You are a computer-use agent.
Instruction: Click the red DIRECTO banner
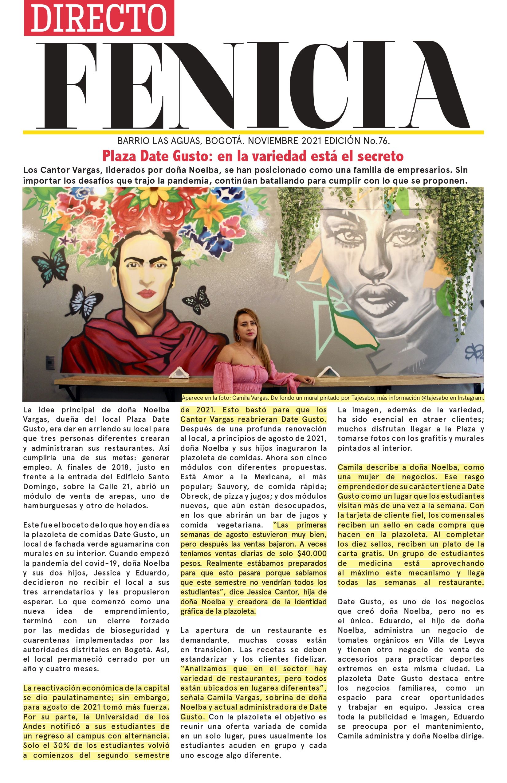[99, 18]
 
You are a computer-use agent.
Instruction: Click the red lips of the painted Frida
[146, 293]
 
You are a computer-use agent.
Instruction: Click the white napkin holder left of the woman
[178, 373]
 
